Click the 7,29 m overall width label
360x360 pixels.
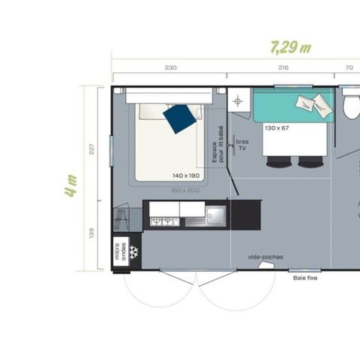(x=289, y=47)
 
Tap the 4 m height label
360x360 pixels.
(x=71, y=184)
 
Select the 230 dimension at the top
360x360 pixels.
(x=170, y=68)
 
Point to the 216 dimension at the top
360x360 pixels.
(x=283, y=68)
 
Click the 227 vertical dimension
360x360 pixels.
(x=92, y=148)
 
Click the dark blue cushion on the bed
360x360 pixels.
(x=179, y=118)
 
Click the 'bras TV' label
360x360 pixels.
(x=242, y=144)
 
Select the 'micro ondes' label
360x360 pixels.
(x=119, y=251)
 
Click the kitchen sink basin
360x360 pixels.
(x=217, y=216)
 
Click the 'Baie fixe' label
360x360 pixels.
(x=304, y=277)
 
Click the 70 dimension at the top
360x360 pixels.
(x=349, y=68)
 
